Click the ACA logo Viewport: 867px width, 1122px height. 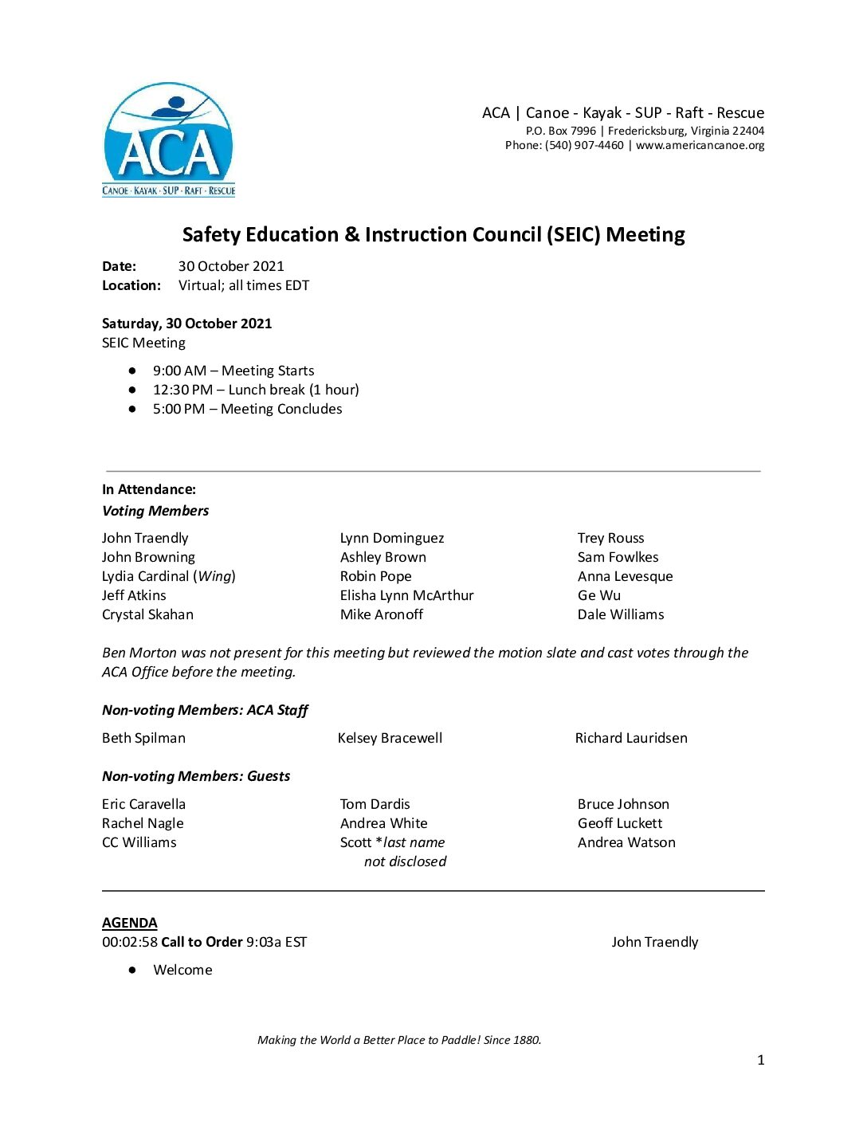168,139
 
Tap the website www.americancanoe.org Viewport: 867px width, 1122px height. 700,146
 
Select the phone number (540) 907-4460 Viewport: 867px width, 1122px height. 584,146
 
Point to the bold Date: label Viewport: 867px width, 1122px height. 119,267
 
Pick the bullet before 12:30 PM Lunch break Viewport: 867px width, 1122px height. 132,390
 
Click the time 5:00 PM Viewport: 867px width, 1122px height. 178,410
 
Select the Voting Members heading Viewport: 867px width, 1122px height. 155,512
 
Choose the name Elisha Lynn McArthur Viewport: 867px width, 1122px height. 406,596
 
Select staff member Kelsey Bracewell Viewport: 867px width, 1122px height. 390,739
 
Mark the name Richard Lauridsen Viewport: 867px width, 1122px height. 631,739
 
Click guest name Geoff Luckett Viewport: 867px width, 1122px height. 620,824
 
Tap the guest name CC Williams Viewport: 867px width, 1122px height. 139,843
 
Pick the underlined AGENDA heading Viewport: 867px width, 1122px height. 130,924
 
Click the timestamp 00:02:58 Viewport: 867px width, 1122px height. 129,943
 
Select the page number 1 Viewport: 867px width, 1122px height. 760,1060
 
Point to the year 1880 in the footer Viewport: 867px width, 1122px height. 526,1040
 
